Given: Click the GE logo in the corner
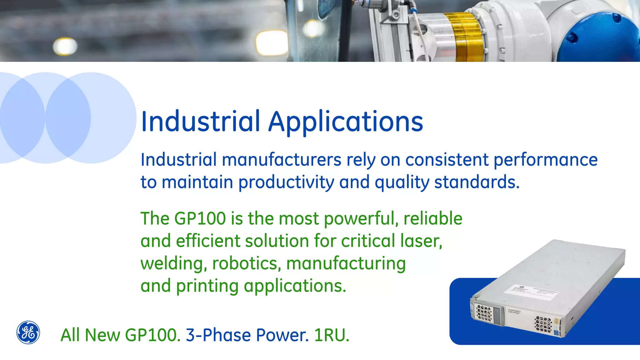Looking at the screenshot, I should pyautogui.click(x=28, y=332).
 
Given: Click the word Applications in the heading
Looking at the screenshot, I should pyautogui.click(x=346, y=122).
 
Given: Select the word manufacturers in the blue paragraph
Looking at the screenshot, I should pyautogui.click(x=281, y=160).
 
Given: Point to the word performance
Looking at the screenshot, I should pyautogui.click(x=545, y=160).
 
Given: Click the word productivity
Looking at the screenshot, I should pyautogui.click(x=286, y=182).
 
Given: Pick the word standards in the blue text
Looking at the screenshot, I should pyautogui.click(x=477, y=182).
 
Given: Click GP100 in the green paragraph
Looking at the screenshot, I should pyautogui.click(x=200, y=218).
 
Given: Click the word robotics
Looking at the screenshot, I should pyautogui.click(x=245, y=263).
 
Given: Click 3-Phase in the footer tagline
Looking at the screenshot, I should pyautogui.click(x=218, y=335).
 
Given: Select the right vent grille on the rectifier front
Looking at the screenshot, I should pyautogui.click(x=543, y=324).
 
